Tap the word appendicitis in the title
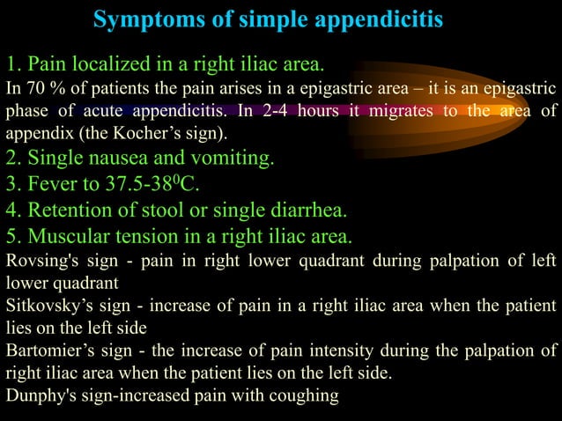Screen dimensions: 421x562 tap(384, 19)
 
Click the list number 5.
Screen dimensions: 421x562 tap(12, 237)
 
